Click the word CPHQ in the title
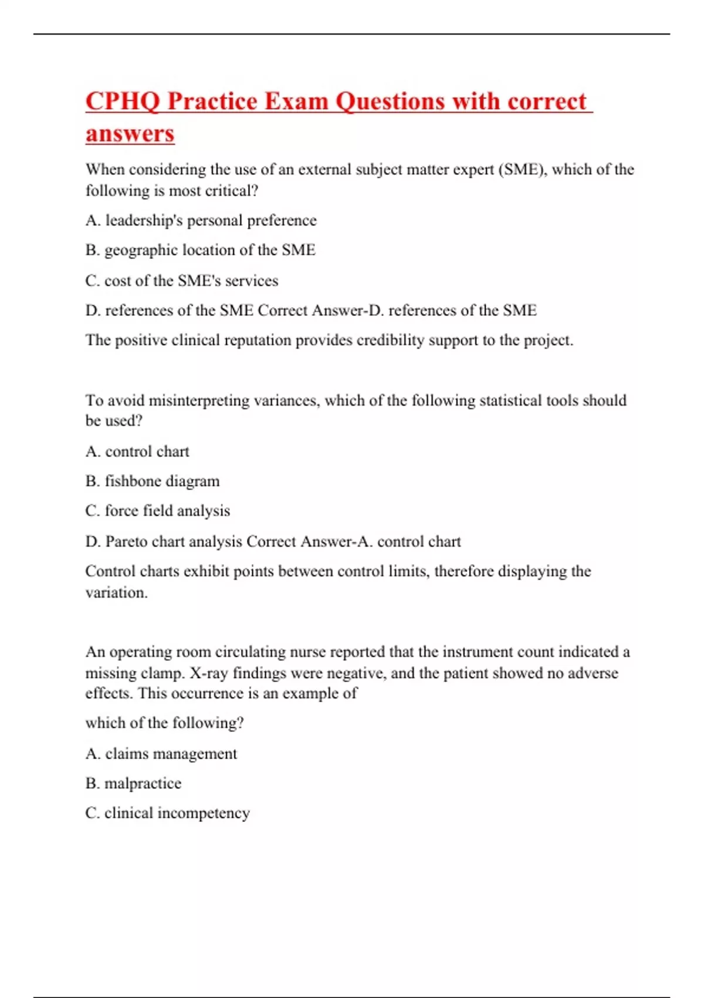(122, 101)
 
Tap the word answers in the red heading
(130, 133)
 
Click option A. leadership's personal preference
(201, 220)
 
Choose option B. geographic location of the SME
(200, 250)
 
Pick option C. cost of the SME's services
(182, 281)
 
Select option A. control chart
(137, 451)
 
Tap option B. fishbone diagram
(153, 481)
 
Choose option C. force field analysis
(157, 511)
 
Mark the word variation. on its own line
(116, 593)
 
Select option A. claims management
(161, 753)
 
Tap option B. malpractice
(133, 783)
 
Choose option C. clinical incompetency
(168, 813)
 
